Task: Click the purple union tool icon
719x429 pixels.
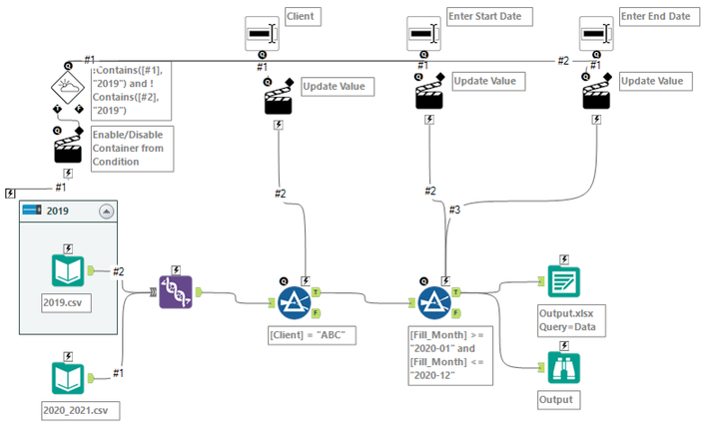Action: tap(176, 291)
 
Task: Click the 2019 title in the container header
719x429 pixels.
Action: tap(59, 212)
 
